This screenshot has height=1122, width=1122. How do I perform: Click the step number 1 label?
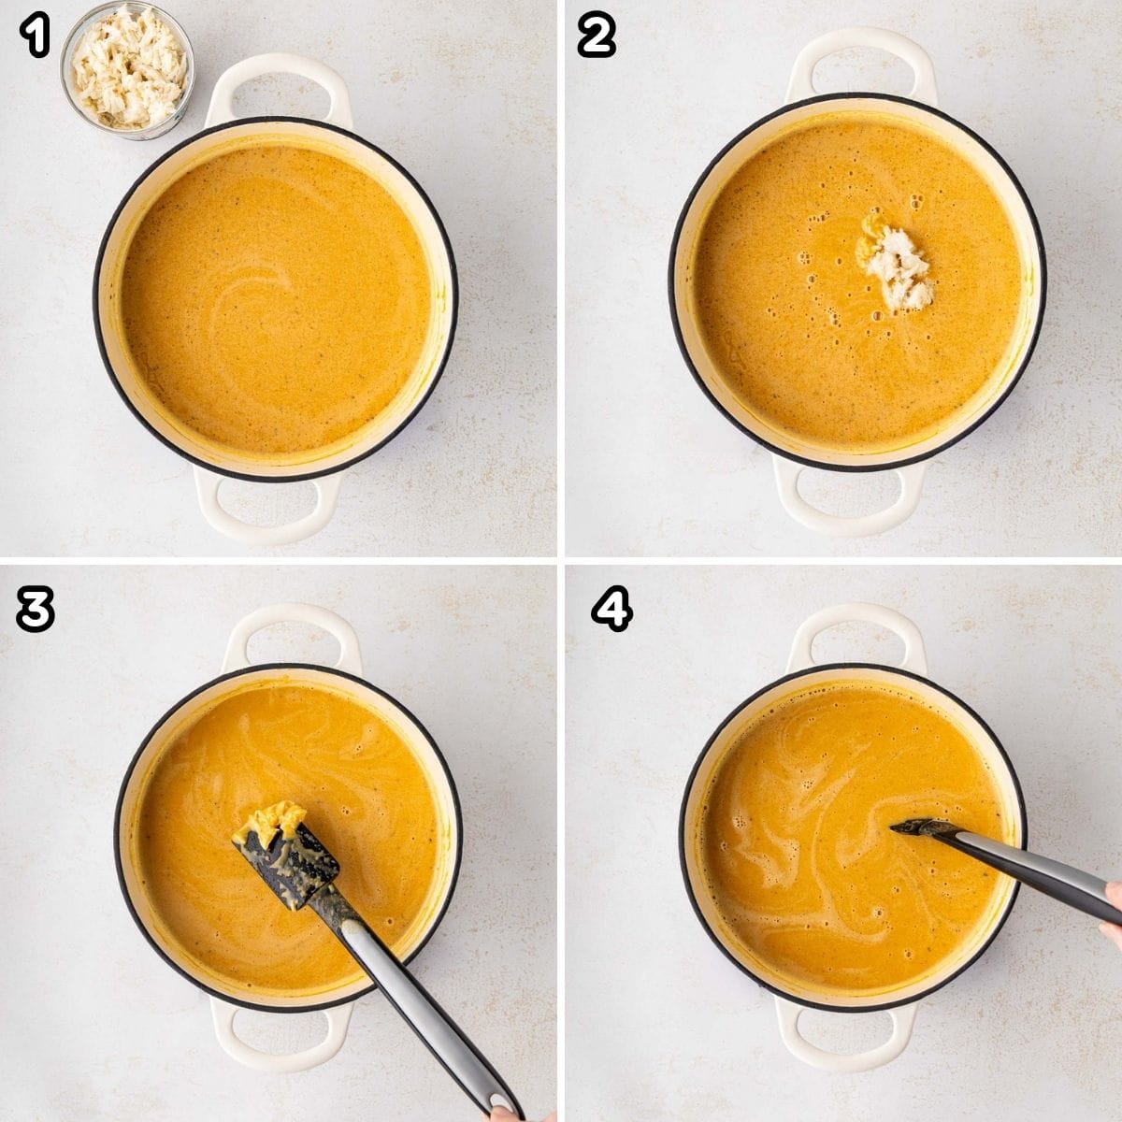pos(35,37)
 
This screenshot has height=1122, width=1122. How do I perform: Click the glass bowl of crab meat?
pos(127,68)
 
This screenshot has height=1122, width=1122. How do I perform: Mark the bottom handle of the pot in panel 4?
pos(846,1039)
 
